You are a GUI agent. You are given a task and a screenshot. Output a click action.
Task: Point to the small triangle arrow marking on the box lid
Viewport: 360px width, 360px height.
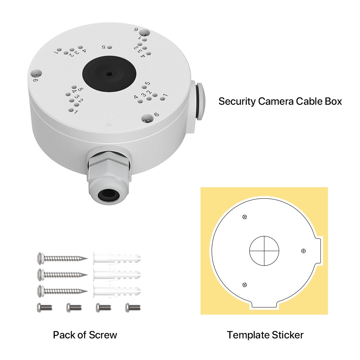pyautogui.click(x=109, y=125)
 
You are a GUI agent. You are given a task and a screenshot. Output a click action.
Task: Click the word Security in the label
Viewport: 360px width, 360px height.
pyautogui.click(x=237, y=101)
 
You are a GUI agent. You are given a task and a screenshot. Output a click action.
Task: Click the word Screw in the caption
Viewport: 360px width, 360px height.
pyautogui.click(x=103, y=335)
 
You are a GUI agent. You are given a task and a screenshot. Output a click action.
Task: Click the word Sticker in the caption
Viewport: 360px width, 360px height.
pyautogui.click(x=288, y=335)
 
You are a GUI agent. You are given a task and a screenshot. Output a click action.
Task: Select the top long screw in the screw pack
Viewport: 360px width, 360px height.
pyautogui.click(x=62, y=258)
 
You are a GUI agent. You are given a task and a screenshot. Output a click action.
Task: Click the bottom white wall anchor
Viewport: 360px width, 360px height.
pyautogui.click(x=117, y=291)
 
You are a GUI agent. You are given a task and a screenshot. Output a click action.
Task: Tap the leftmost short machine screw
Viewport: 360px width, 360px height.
pyautogui.click(x=45, y=307)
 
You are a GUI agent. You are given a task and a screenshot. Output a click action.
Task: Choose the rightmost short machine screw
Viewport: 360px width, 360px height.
pyautogui.click(x=133, y=307)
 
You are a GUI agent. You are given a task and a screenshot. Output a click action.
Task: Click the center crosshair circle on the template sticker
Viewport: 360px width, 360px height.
pyautogui.click(x=264, y=251)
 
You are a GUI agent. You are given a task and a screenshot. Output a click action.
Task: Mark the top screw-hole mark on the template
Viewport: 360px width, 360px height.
pyautogui.click(x=245, y=217)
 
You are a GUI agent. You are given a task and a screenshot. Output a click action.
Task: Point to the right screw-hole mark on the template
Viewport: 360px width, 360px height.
pyautogui.click(x=303, y=251)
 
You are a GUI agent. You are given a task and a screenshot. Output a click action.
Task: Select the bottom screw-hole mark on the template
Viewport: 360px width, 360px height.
pyautogui.click(x=244, y=285)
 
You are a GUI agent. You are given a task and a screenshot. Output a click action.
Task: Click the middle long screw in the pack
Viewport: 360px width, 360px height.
pyautogui.click(x=62, y=275)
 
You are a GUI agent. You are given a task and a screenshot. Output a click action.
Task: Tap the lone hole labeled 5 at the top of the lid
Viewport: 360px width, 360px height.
pyautogui.click(x=110, y=48)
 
